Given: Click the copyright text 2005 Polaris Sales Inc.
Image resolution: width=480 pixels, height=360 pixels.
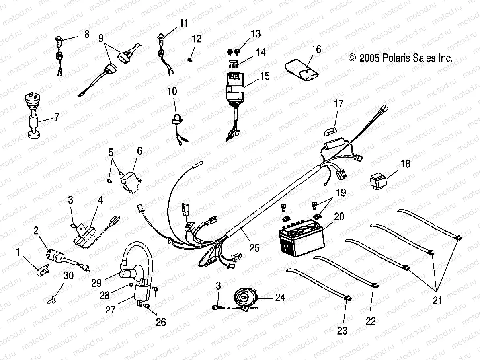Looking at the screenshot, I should coord(401,58).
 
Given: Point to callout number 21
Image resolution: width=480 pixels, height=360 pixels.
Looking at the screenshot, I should coord(437,300).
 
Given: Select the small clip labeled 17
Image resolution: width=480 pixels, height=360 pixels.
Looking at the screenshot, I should coord(330,131).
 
